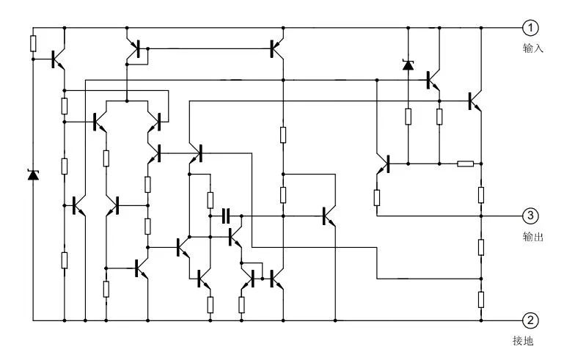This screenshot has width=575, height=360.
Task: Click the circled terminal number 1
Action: click(530, 28)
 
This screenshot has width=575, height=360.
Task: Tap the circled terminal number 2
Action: click(530, 320)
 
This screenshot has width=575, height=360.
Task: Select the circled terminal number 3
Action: click(530, 216)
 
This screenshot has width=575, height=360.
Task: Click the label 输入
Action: click(532, 48)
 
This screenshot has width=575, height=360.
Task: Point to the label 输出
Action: click(532, 236)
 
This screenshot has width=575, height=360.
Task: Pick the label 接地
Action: click(522, 341)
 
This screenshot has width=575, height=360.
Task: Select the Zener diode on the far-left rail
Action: click(33, 175)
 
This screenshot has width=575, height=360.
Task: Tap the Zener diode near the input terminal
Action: click(408, 65)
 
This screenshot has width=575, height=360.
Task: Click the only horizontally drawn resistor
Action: click(465, 163)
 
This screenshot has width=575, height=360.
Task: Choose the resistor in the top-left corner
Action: click(33, 43)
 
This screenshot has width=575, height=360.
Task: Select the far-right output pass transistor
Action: click(475, 100)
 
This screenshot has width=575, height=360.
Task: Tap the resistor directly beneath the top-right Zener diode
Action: click(408, 116)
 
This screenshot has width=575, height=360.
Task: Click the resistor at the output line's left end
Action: click(377, 196)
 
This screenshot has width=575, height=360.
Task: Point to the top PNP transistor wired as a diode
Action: click(134, 49)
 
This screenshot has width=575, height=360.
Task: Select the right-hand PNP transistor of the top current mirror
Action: click(277, 49)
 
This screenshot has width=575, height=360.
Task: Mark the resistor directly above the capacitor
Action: click(210, 199)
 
